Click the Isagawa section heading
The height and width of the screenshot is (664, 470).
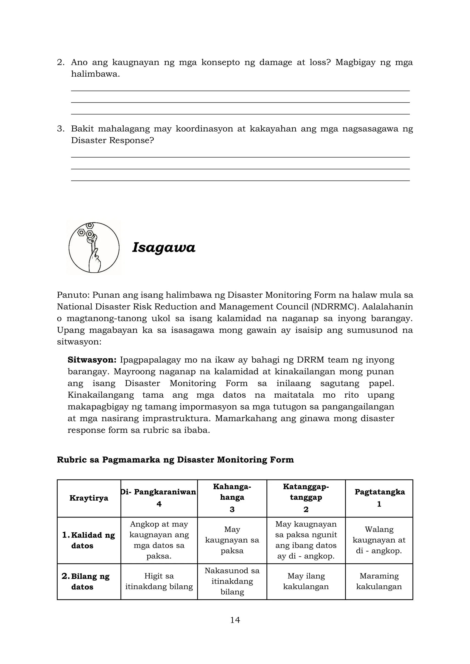[164, 248]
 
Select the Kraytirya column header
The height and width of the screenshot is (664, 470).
[89, 498]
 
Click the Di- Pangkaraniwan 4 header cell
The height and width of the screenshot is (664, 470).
[159, 498]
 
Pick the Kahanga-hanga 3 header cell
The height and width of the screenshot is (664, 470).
[232, 498]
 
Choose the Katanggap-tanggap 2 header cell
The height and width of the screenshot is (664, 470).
[306, 498]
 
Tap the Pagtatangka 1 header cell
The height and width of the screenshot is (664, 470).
[379, 498]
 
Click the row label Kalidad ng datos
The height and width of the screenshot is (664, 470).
[89, 540]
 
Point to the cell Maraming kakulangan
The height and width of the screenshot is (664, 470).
[379, 581]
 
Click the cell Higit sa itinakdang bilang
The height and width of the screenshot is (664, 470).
[159, 581]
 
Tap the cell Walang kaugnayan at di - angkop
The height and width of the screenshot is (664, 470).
[379, 540]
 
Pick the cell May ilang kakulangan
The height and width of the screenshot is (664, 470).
[306, 581]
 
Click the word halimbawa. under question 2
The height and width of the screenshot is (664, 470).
[95, 74]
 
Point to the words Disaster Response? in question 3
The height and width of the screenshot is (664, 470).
[112, 141]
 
